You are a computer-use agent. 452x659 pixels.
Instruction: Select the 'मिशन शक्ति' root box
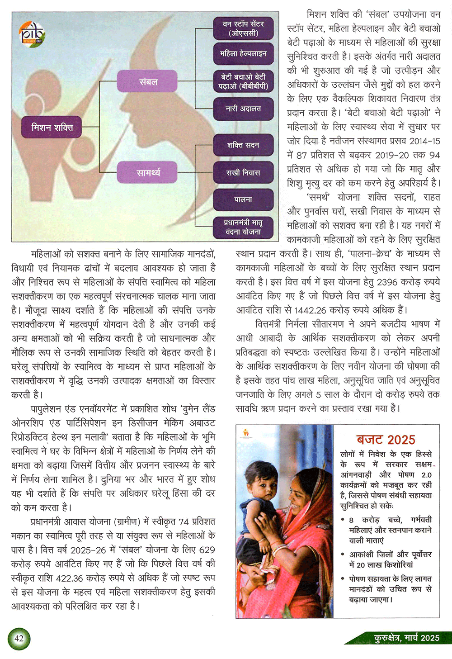click(52, 128)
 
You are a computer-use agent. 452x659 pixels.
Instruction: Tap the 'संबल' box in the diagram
click(148, 82)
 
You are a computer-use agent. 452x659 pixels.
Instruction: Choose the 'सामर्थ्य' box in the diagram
click(148, 173)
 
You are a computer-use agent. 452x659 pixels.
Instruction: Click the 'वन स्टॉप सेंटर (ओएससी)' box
click(243, 28)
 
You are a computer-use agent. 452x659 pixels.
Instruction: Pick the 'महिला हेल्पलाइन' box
click(243, 54)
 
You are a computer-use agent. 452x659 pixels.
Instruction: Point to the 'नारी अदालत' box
click(243, 109)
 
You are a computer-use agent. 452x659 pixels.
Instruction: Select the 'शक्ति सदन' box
click(243, 145)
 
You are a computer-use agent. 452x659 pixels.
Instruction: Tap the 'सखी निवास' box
click(243, 172)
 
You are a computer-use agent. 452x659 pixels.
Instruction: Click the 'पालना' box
click(243, 199)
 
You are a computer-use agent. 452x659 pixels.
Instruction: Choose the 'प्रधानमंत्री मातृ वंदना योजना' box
click(243, 227)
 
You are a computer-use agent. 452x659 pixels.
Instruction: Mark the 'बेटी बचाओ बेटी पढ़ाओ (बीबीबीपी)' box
click(243, 81)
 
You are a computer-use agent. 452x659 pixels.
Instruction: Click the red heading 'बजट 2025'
click(386, 440)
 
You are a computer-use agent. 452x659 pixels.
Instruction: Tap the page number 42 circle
click(19, 639)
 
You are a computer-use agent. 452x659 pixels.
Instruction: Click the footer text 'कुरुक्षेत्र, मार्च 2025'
click(406, 638)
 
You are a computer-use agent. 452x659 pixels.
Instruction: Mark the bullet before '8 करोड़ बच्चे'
click(344, 520)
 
